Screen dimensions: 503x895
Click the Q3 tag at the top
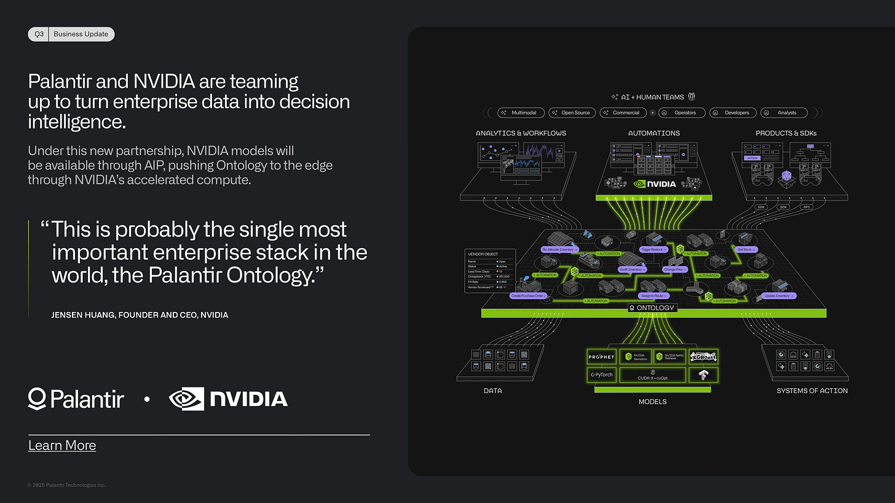click(x=39, y=34)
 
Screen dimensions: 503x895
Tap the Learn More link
click(x=62, y=445)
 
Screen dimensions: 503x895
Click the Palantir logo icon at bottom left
click(x=37, y=399)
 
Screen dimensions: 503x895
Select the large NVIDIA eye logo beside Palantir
click(x=186, y=399)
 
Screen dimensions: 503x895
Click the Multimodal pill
click(x=521, y=113)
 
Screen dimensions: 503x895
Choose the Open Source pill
click(x=571, y=113)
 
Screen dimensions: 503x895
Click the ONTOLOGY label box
click(x=652, y=308)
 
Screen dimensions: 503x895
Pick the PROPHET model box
click(x=601, y=357)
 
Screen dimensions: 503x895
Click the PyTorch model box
click(x=601, y=374)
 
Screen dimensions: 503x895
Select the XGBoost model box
click(x=703, y=357)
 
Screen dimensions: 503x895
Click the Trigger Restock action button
click(x=654, y=250)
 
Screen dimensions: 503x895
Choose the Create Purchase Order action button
click(x=529, y=296)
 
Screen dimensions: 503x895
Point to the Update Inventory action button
click(x=779, y=296)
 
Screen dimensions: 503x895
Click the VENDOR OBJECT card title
click(x=483, y=254)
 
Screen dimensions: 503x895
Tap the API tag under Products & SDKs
click(x=806, y=207)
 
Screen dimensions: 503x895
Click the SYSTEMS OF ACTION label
click(x=811, y=391)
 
